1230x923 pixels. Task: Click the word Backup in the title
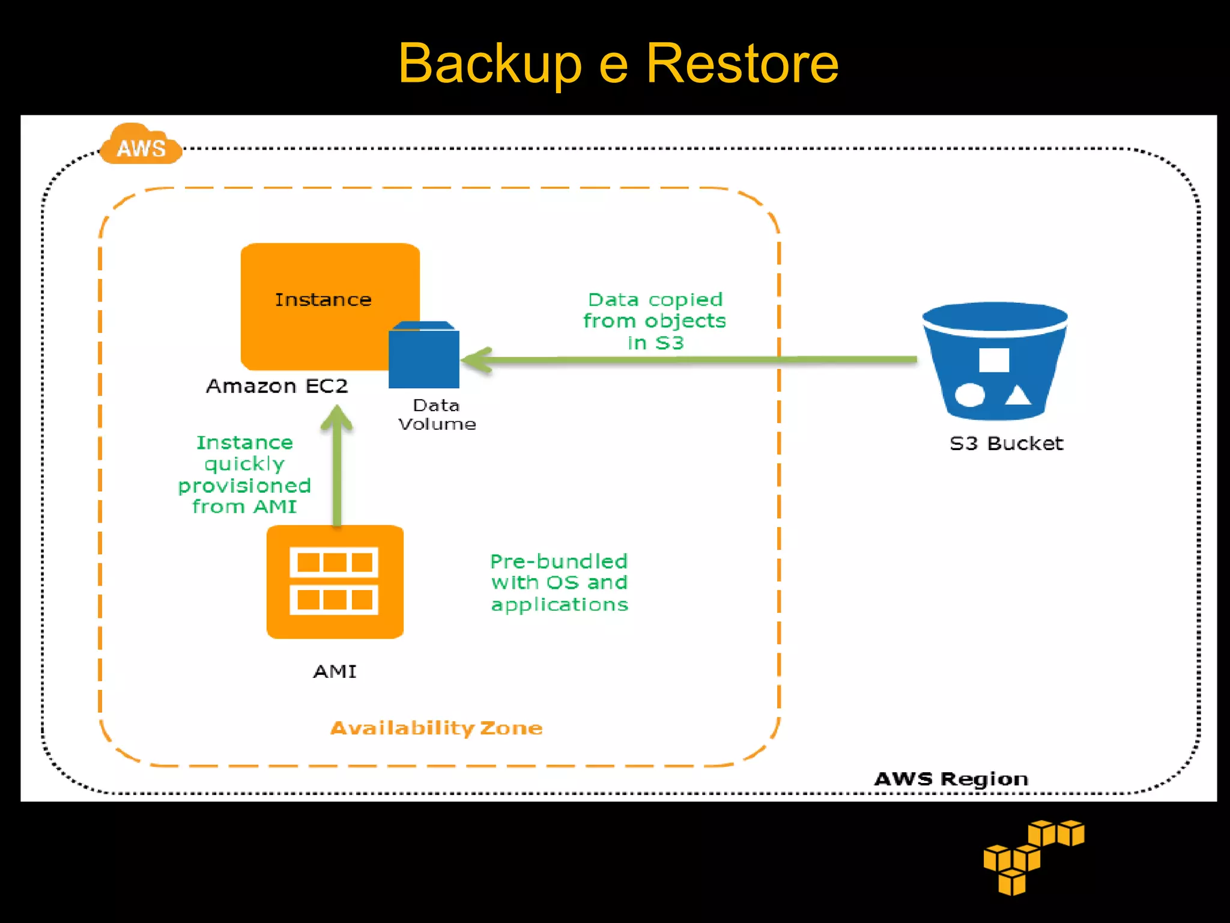489,64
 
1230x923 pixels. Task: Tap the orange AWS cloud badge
141,146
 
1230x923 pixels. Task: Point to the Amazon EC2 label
277,386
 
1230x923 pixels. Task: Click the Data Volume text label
437,415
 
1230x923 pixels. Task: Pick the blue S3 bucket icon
994,361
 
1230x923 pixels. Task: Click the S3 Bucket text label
1006,443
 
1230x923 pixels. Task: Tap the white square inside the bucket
994,360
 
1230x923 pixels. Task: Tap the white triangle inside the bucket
1017,395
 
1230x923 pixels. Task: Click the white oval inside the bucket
969,395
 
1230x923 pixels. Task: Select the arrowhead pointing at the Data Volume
477,360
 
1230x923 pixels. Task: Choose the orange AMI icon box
335,581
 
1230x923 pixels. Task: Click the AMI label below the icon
335,671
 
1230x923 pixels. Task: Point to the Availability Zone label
437,728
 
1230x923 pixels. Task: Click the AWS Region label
951,779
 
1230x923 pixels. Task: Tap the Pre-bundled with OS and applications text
559,582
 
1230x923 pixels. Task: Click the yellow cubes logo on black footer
1033,856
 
